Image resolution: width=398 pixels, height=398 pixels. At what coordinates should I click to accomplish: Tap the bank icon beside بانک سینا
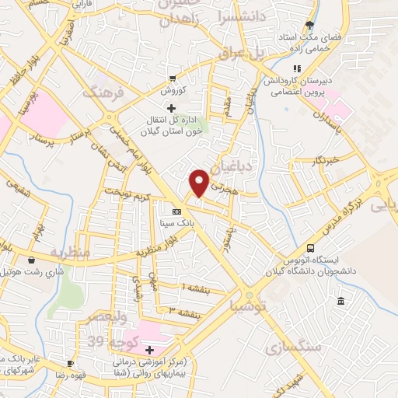[x=177, y=211]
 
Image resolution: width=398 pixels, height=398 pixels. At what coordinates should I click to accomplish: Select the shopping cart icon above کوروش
[x=171, y=79]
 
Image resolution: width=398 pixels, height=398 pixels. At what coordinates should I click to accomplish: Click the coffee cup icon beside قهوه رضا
[x=71, y=363]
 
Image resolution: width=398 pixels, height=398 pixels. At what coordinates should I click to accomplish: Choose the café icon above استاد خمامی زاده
[x=310, y=26]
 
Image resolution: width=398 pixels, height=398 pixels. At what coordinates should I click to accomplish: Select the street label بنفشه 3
[x=184, y=312]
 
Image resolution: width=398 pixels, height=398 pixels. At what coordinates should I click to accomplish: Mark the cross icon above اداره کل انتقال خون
[x=172, y=108]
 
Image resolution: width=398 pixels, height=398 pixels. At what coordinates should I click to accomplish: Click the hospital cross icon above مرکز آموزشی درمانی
[x=149, y=351]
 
